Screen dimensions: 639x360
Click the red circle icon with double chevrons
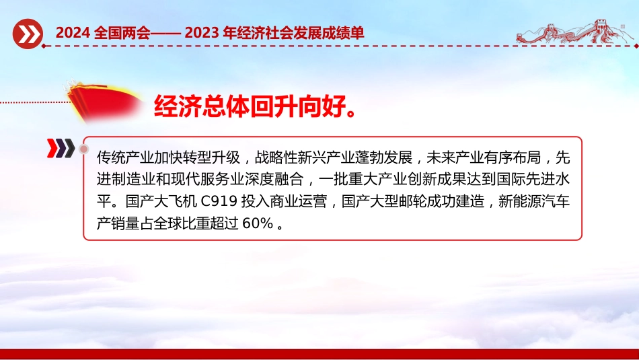[28, 34]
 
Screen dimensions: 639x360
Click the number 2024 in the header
[72, 32]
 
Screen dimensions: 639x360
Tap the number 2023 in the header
[201, 32]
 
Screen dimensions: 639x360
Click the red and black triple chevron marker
[61, 148]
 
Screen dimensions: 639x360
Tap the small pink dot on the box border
[84, 149]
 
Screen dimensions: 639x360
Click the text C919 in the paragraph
[219, 201]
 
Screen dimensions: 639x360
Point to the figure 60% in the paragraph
[258, 223]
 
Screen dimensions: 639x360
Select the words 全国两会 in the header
[122, 32]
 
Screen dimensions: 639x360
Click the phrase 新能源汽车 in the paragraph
[534, 201]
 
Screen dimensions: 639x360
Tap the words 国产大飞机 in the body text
[161, 201]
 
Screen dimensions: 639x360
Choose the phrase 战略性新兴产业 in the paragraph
[305, 157]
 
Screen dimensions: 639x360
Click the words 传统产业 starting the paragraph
[125, 157]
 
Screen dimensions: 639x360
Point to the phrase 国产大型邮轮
[384, 201]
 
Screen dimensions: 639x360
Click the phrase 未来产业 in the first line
[455, 157]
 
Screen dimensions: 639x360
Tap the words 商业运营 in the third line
[298, 201]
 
